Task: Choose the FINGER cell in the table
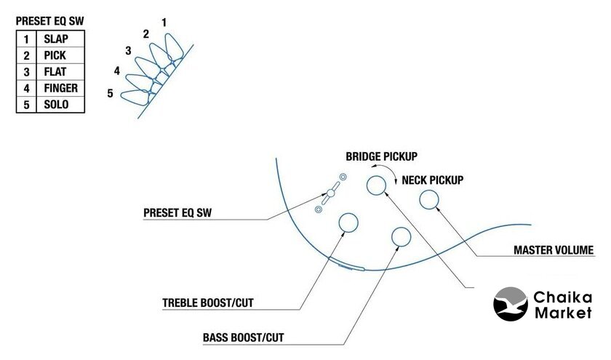point(60,89)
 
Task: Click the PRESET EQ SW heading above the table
point(49,22)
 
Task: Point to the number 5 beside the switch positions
point(110,93)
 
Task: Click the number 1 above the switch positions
point(164,23)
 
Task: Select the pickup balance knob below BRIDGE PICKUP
point(376,185)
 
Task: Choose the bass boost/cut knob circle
point(401,236)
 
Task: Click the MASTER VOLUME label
point(554,251)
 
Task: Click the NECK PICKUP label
point(432,179)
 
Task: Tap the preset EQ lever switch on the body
point(330,193)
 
